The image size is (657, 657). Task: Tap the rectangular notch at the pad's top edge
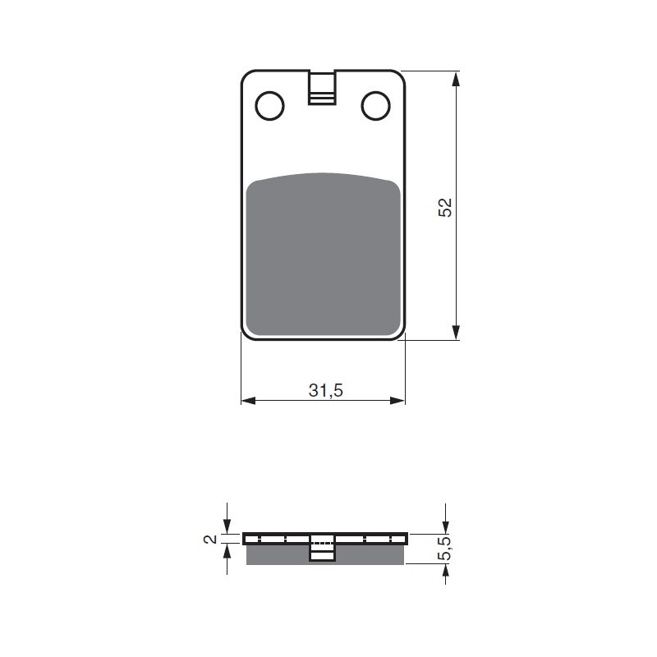click(322, 88)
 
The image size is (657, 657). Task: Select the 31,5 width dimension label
click(326, 391)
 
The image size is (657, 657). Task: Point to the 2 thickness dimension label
click(211, 539)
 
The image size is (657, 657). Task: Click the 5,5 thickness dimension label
click(445, 549)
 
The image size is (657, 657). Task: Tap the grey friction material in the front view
click(323, 255)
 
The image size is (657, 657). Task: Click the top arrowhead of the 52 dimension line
click(457, 79)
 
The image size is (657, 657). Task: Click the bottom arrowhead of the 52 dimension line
click(457, 333)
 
